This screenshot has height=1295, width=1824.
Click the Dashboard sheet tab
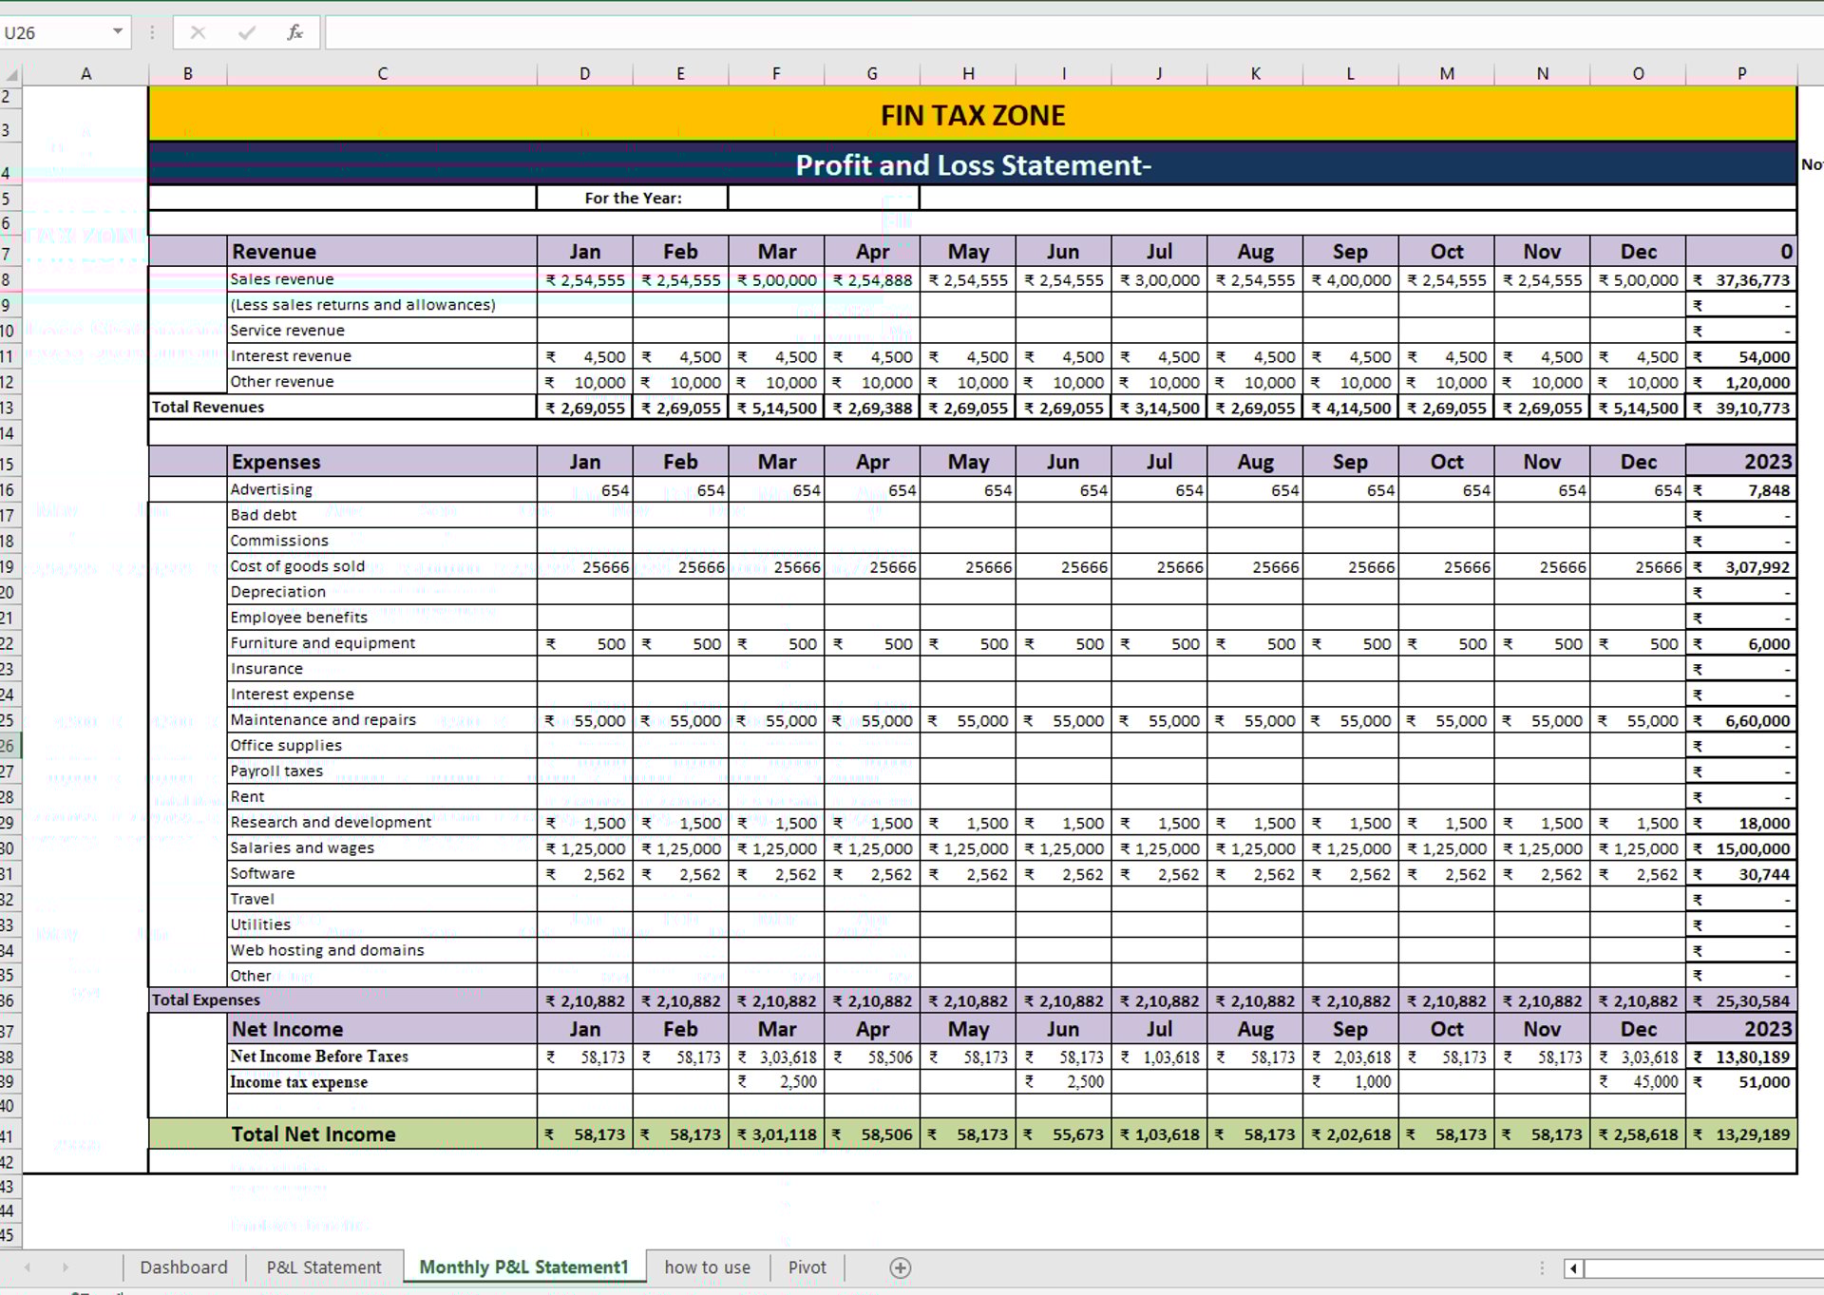click(183, 1267)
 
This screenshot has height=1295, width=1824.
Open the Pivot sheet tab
click(807, 1267)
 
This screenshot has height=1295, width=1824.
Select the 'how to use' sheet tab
click(707, 1267)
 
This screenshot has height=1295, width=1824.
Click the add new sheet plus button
click(900, 1268)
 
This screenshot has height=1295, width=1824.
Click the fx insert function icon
click(294, 32)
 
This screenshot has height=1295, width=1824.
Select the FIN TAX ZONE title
click(972, 115)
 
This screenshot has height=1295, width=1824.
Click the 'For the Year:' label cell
click(633, 198)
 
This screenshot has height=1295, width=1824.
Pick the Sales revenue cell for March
click(776, 280)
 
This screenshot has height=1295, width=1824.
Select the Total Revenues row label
click(208, 407)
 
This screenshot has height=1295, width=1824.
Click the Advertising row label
click(271, 489)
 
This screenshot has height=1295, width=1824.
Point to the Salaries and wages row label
click(302, 847)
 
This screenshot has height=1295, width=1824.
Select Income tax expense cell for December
click(1638, 1082)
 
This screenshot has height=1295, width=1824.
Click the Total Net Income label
click(313, 1133)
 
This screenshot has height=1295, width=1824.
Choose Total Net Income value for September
click(1350, 1134)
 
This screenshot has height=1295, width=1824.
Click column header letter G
click(871, 73)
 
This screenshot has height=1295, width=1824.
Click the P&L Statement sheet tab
click(323, 1267)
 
